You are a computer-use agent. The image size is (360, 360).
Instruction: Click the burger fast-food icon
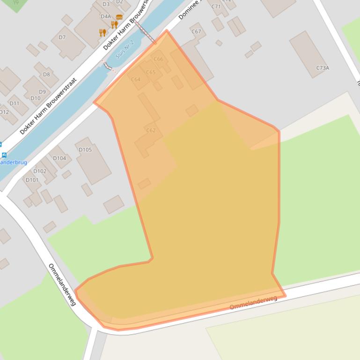(x=119, y=17)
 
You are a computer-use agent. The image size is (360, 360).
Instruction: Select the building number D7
(x=62, y=37)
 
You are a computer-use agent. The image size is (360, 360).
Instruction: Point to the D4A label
(x=106, y=16)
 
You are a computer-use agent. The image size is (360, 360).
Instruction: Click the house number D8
(x=46, y=74)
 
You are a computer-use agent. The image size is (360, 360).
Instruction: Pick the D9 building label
(x=43, y=92)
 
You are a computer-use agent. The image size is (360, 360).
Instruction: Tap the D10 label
(x=35, y=98)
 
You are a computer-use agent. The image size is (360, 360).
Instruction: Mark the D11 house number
(x=15, y=103)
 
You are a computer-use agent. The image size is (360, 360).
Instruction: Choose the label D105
(x=85, y=150)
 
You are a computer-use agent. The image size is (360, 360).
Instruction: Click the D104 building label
(x=59, y=158)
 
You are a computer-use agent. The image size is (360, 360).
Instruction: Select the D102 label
(x=40, y=171)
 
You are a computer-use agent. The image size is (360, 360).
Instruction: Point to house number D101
(x=32, y=180)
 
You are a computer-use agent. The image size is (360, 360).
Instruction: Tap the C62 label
(x=151, y=130)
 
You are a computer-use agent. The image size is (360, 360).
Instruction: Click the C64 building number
(x=135, y=79)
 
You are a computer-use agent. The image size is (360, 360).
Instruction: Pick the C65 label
(x=150, y=72)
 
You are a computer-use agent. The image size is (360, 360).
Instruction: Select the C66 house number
(x=158, y=59)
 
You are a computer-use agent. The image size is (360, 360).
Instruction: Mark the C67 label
(x=196, y=32)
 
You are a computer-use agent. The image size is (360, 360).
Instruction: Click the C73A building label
(x=323, y=68)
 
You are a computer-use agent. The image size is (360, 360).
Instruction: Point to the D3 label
(x=106, y=5)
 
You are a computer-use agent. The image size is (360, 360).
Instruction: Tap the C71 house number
(x=216, y=7)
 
